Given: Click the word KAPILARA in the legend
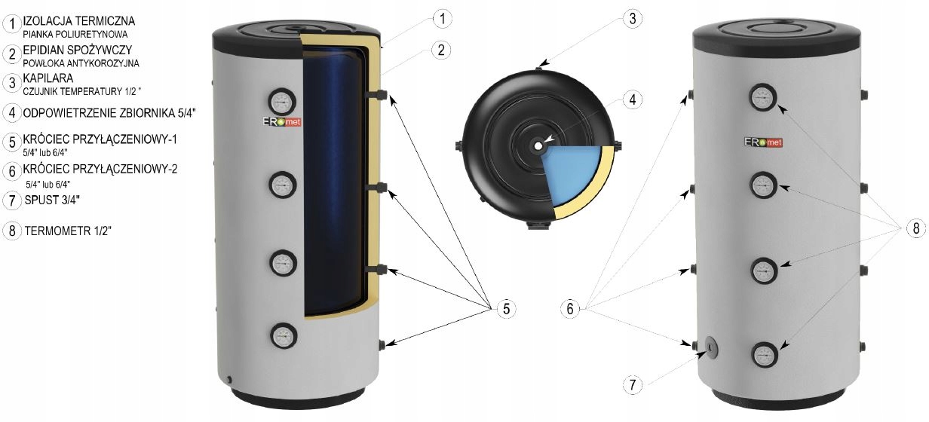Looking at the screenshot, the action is click(x=48, y=78).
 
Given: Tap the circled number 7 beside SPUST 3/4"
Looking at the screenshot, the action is click(x=11, y=200).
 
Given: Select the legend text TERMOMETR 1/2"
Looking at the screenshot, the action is click(x=67, y=231).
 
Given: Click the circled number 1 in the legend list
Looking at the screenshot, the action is click(x=11, y=24).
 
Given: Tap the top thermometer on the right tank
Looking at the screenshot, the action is click(x=763, y=96).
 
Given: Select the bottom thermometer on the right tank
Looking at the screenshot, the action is click(x=763, y=353).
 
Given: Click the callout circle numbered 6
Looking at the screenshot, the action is click(x=571, y=308).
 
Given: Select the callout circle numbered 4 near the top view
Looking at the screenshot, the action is click(x=633, y=98).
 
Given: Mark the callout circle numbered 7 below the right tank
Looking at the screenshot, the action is click(x=633, y=385).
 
